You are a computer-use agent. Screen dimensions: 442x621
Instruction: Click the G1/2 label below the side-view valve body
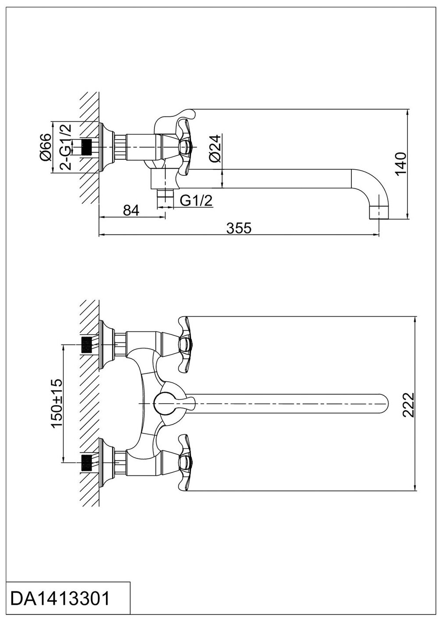(196, 201)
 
